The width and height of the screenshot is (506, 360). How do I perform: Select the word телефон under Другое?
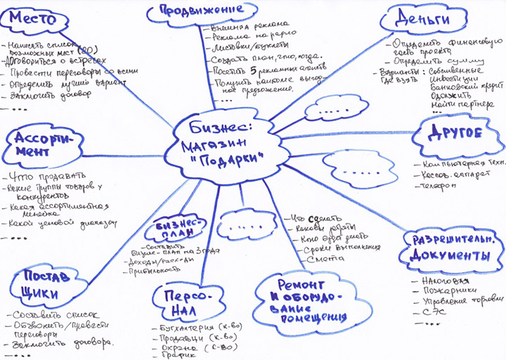point(439,186)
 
